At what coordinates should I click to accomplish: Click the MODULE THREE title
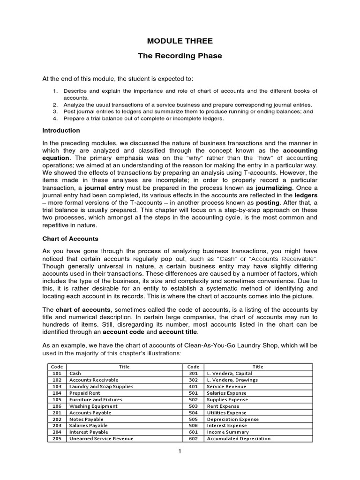click(x=180, y=42)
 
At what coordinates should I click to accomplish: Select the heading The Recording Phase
click(x=180, y=56)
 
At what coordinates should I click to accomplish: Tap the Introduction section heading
click(x=61, y=130)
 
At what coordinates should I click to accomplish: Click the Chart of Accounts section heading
click(x=70, y=239)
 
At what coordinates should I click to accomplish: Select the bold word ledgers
click(x=306, y=195)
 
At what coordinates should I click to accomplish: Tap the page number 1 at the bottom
click(x=180, y=451)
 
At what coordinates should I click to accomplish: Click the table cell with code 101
click(x=57, y=373)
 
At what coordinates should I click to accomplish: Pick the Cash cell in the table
click(x=75, y=373)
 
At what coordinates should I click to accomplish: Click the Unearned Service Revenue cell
click(x=101, y=439)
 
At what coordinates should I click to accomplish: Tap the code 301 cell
click(x=193, y=373)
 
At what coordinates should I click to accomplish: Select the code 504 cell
click(x=193, y=412)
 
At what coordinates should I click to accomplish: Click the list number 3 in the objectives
click(x=55, y=112)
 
